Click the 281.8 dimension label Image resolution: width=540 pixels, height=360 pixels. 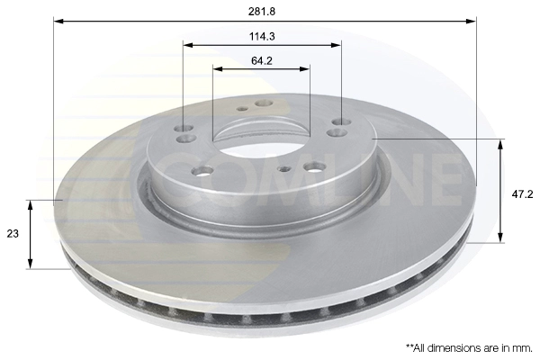coord(262,12)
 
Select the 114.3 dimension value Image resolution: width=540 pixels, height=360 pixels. coord(262,36)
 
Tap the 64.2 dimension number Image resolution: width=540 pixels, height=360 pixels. coord(262,61)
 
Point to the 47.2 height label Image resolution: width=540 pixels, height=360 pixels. coord(522,194)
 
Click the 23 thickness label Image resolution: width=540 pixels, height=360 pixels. coord(13,234)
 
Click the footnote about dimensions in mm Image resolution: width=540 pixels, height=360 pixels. coord(469,348)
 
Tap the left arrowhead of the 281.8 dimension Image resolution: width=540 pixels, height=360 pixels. coord(58,22)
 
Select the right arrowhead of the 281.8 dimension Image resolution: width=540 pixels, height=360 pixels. coord(471,22)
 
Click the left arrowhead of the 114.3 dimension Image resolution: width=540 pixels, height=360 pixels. coord(188,45)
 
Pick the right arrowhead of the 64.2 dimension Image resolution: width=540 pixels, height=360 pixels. coord(304,69)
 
